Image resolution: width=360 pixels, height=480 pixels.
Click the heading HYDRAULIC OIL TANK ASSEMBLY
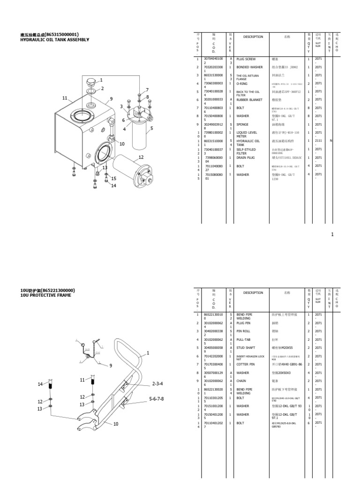pyautogui.click(x=54, y=40)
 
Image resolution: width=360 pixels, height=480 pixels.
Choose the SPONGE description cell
pyautogui.click(x=243, y=124)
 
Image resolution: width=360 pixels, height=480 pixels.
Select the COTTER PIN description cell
pyautogui.click(x=246, y=364)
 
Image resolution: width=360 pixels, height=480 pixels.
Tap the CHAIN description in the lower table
pyautogui.click(x=241, y=381)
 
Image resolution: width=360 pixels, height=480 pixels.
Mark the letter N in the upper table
pyautogui.click(x=331, y=141)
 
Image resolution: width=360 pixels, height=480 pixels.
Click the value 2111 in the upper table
pyautogui.click(x=318, y=141)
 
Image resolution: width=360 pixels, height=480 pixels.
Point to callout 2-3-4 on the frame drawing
pyautogui.click(x=157, y=383)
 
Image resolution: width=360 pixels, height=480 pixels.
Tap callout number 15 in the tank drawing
pyautogui.click(x=113, y=179)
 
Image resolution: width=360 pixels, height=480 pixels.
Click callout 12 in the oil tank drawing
pyautogui.click(x=141, y=157)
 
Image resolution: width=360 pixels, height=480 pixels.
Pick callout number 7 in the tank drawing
pyautogui.click(x=147, y=90)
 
